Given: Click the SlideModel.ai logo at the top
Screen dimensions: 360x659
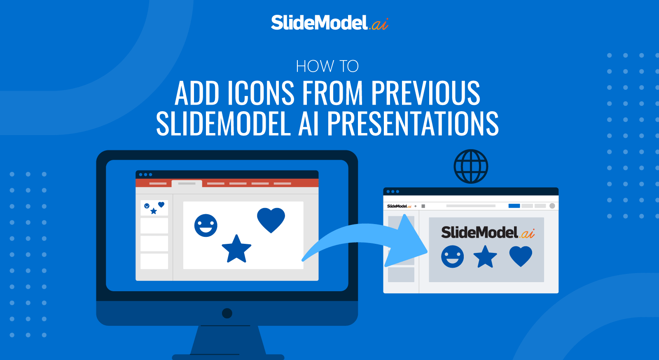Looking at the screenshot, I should tap(329, 23).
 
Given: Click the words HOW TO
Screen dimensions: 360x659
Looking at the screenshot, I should tap(327, 66).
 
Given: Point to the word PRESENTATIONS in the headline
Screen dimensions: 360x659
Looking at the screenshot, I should tap(413, 124).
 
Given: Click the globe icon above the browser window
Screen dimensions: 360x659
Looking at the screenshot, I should tap(471, 166).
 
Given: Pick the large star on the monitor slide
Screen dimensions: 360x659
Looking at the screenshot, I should tap(236, 249).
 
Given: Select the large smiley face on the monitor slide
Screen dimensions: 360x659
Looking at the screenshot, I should tap(206, 225).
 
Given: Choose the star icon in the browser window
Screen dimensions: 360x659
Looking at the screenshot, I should tap(485, 257).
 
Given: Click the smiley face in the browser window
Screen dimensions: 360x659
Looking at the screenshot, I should tap(452, 257).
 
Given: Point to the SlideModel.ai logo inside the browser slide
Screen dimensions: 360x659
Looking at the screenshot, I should tap(488, 233).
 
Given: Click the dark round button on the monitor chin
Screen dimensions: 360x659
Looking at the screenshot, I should tap(227, 313).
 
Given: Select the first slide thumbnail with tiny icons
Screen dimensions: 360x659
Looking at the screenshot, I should tap(154, 208).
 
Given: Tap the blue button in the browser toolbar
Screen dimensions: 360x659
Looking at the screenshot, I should tap(514, 206).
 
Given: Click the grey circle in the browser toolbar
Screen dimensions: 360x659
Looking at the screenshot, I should tap(552, 206).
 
